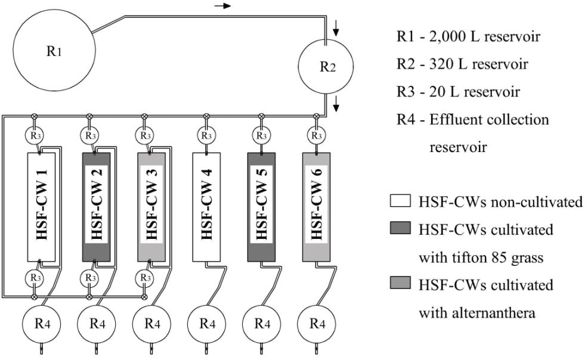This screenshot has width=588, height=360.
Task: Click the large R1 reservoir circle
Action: click(x=53, y=52)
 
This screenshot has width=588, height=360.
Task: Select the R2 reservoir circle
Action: click(x=326, y=66)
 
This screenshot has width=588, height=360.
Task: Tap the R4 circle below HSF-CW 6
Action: click(x=316, y=324)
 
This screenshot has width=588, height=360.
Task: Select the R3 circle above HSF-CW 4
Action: click(x=206, y=135)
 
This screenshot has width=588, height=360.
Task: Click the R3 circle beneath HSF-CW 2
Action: click(x=89, y=278)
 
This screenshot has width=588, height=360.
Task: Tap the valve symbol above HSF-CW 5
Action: click(x=261, y=116)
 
